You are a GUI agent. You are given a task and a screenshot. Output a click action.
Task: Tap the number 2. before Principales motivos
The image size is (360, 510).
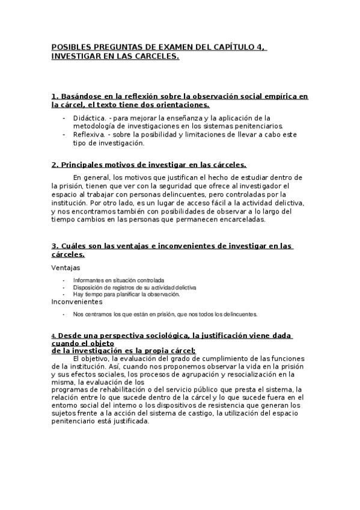coord(55,164)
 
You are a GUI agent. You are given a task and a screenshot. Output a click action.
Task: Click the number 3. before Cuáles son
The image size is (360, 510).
coord(55,245)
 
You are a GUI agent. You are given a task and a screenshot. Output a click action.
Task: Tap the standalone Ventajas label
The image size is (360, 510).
coord(66,268)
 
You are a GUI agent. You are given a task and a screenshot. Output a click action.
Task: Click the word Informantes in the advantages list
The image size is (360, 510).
coord(89,280)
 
